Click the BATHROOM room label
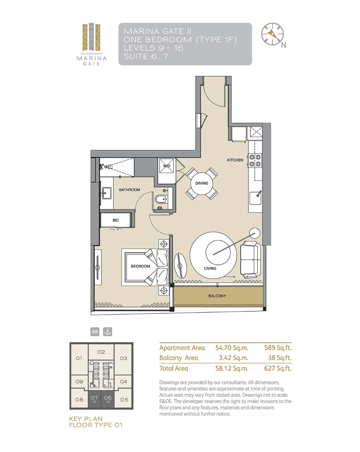129,190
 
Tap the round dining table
201,183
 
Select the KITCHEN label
235,160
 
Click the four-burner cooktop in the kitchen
255,160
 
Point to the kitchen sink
256,198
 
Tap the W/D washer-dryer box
167,166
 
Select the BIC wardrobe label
116,220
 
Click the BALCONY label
217,296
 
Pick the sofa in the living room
249,259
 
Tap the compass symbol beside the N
272,34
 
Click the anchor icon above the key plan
108,332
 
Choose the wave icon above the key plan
95,332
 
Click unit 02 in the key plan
101,352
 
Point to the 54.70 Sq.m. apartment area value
232,348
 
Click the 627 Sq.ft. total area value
277,368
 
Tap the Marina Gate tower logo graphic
91,37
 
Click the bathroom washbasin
106,193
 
